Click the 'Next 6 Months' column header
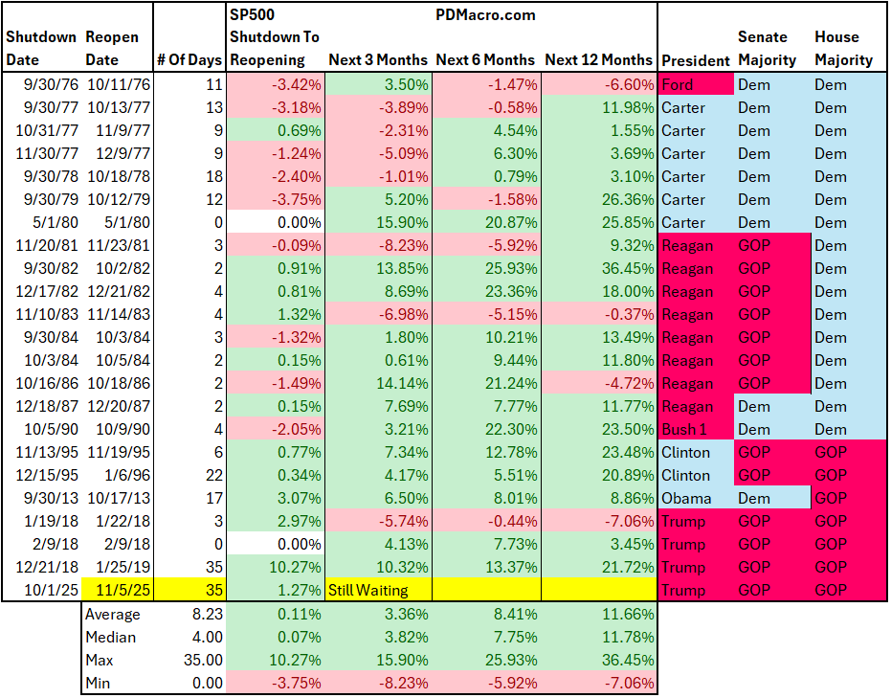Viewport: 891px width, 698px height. click(x=485, y=59)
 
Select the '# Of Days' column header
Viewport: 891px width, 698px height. click(x=189, y=59)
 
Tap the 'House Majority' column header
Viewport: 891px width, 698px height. click(x=843, y=48)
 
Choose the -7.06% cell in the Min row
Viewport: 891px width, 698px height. click(x=628, y=684)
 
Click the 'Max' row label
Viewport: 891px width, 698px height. click(x=100, y=661)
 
